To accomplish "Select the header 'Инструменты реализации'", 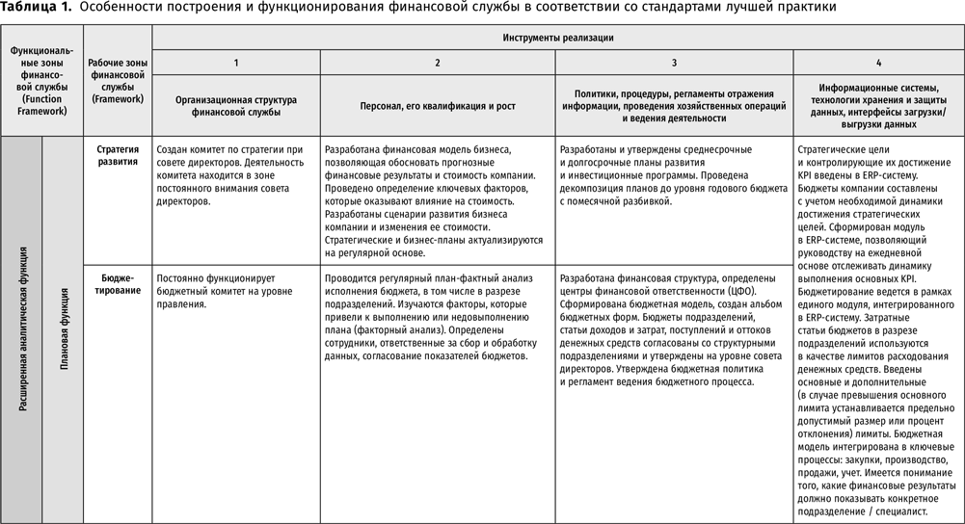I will click(557, 38).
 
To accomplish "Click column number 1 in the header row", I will click(236, 63).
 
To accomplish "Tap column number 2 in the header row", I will click(438, 63).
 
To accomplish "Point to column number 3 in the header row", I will click(674, 63).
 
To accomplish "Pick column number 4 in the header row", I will click(878, 63).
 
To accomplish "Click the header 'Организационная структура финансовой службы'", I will click(236, 106).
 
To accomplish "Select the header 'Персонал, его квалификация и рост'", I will click(438, 106).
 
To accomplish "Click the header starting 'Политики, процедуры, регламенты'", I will click(674, 106).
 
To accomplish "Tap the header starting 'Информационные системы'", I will click(878, 106).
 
